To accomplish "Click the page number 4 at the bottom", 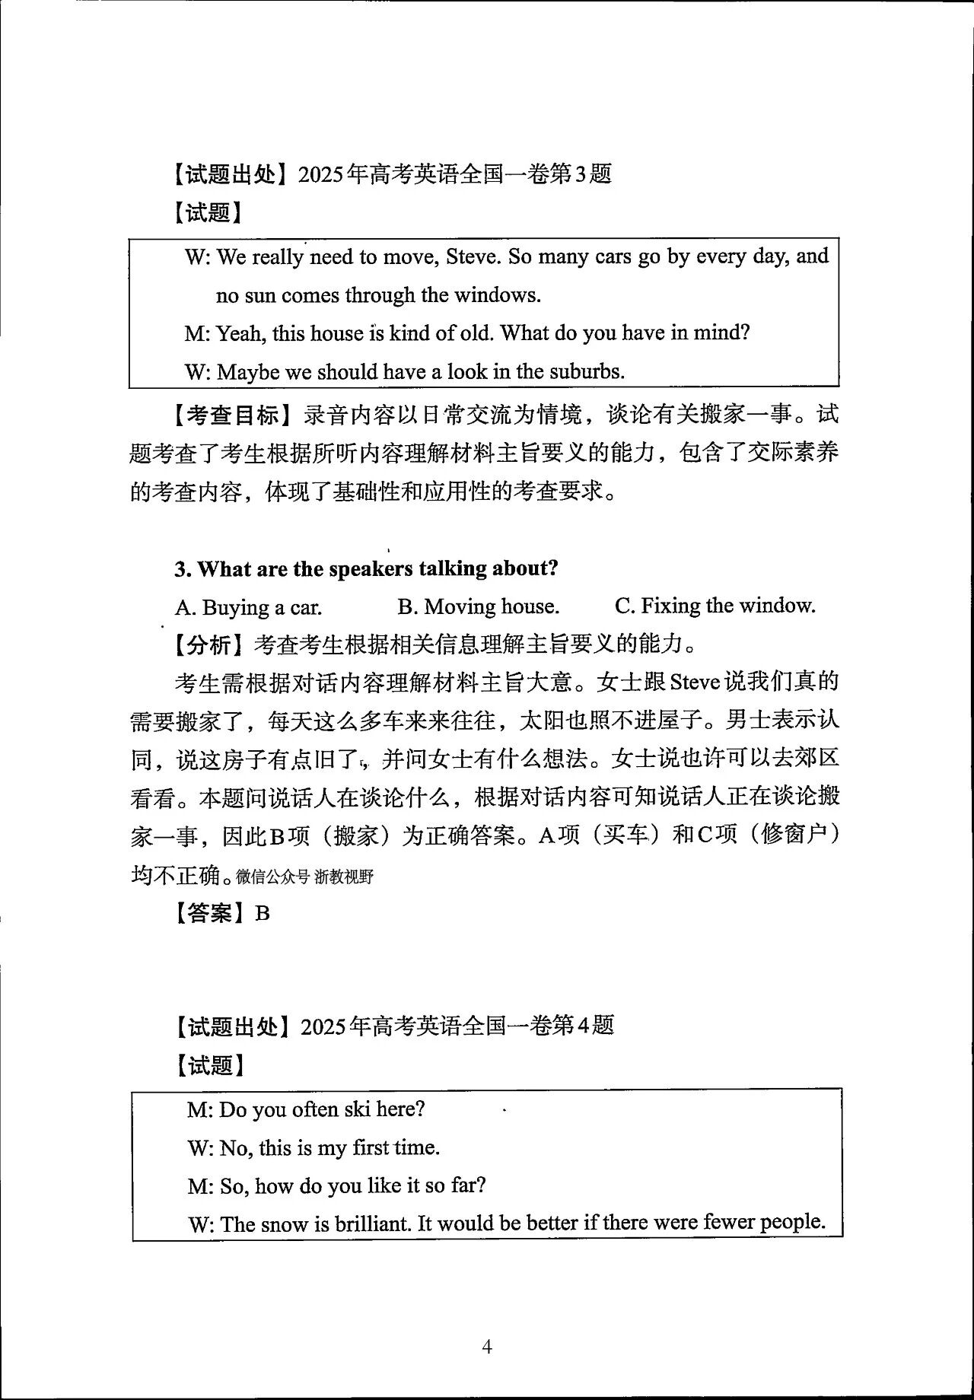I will click(487, 1347).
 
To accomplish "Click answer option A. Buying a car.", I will click(248, 607).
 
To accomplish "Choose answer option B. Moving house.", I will click(478, 606).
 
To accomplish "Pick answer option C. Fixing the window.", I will click(715, 606).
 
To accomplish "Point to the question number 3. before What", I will click(183, 569).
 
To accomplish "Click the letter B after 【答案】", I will click(263, 913).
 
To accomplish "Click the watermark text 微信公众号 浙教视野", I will click(304, 877).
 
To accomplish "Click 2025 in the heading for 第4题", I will click(323, 1026).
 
